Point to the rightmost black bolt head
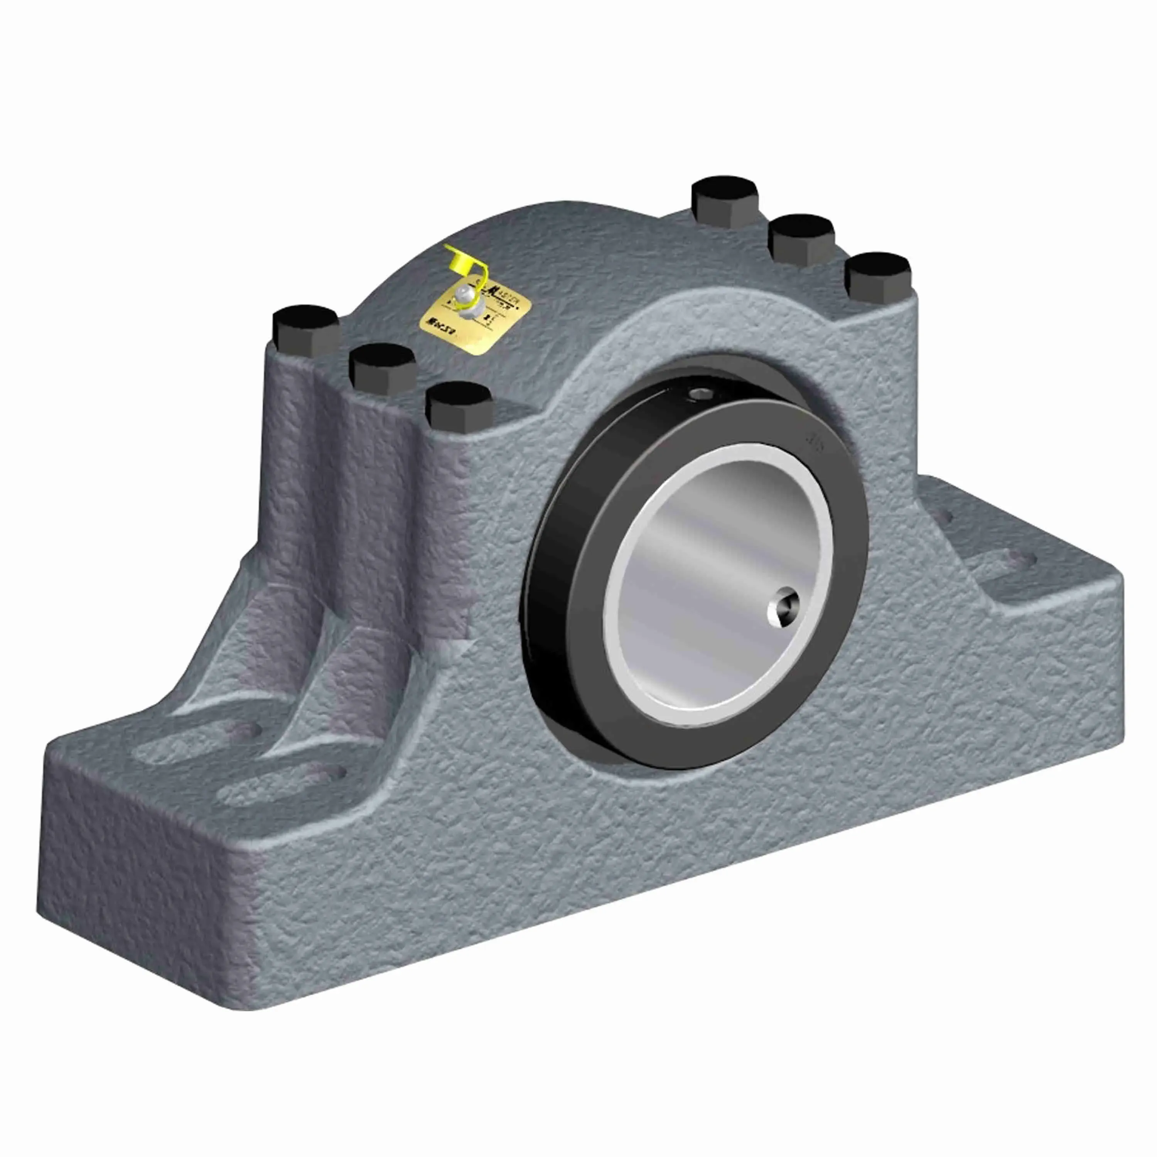point(878,275)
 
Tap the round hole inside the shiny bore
point(783,610)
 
